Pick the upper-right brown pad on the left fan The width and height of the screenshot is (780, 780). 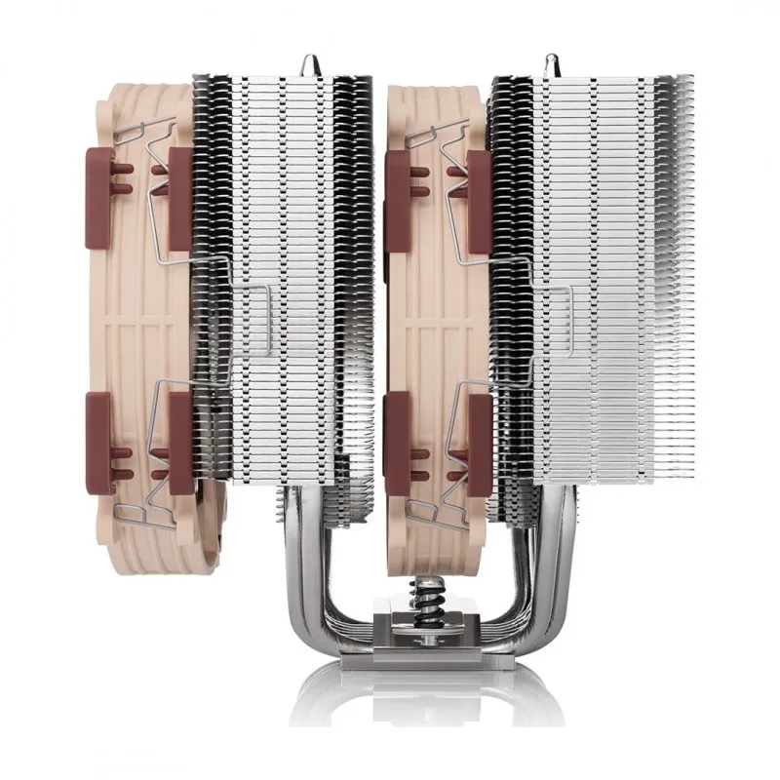(179, 195)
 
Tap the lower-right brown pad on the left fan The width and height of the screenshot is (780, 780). (179, 434)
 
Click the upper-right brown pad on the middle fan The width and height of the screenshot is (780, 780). (479, 195)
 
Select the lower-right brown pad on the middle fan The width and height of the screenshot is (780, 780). (479, 434)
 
